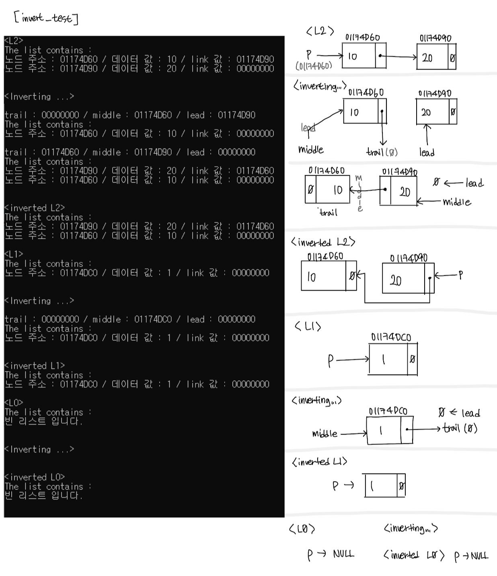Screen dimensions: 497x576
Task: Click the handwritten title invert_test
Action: click(46, 18)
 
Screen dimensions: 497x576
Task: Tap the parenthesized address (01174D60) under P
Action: click(314, 66)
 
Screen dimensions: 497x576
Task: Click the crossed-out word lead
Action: click(308, 127)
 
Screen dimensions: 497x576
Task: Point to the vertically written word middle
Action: click(359, 193)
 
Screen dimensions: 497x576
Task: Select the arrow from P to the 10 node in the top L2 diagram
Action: click(329, 55)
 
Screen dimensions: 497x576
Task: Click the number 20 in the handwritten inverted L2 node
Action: click(396, 280)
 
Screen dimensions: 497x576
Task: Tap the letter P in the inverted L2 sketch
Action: click(461, 275)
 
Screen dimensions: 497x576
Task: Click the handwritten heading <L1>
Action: click(308, 326)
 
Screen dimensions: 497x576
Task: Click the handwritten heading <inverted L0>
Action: click(414, 556)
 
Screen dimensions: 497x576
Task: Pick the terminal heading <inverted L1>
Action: click(35, 366)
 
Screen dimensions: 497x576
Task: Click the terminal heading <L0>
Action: click(14, 403)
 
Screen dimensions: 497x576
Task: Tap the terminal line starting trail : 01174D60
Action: click(130, 152)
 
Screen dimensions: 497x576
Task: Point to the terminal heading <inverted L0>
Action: click(35, 477)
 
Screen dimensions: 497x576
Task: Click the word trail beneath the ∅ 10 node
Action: click(328, 213)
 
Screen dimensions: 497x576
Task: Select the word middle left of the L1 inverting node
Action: click(324, 434)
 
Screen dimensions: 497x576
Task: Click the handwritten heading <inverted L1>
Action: click(319, 462)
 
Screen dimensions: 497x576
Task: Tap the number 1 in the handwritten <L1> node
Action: click(384, 359)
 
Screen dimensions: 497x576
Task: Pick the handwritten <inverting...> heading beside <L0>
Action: click(411, 528)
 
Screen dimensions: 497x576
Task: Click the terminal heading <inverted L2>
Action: click(35, 208)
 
